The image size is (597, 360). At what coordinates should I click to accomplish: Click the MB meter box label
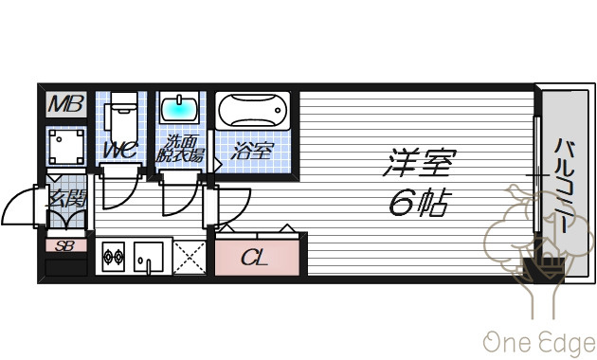[66, 104]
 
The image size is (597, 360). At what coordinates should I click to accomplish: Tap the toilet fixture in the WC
[120, 117]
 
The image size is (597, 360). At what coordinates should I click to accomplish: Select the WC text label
[120, 150]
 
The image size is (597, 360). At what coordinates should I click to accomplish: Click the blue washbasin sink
[179, 107]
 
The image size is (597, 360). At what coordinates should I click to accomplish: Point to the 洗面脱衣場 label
[180, 149]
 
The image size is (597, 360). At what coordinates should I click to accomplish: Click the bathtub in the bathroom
[253, 110]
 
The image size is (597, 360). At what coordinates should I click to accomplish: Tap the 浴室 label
[252, 151]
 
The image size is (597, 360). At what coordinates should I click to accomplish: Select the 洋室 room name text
[419, 163]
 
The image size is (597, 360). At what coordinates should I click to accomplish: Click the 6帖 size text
[420, 202]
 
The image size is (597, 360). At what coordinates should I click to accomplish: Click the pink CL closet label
[254, 258]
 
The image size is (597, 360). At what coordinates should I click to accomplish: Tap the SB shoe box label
[64, 246]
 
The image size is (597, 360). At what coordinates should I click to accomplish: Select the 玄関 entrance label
[66, 197]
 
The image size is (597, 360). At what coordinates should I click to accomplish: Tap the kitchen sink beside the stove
[149, 258]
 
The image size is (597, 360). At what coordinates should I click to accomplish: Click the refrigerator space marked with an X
[190, 258]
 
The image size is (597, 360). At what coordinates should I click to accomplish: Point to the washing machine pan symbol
[66, 147]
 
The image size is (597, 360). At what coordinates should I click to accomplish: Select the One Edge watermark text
[539, 343]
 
